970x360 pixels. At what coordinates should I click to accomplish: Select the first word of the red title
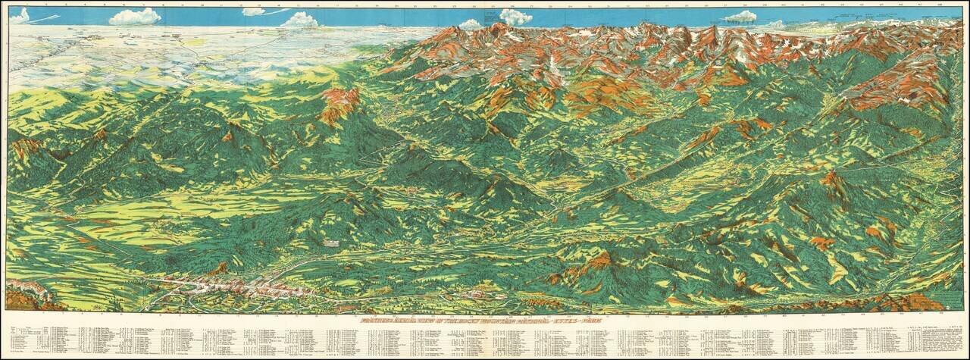(x=379, y=321)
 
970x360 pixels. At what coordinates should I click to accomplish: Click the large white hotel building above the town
(x=331, y=243)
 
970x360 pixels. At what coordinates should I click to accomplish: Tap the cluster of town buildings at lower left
(x=227, y=286)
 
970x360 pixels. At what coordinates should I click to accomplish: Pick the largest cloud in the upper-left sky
(x=135, y=17)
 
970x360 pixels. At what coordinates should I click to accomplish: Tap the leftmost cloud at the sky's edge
(x=19, y=15)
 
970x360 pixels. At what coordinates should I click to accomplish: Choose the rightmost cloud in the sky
(x=740, y=17)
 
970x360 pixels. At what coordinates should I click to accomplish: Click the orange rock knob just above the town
(x=220, y=268)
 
